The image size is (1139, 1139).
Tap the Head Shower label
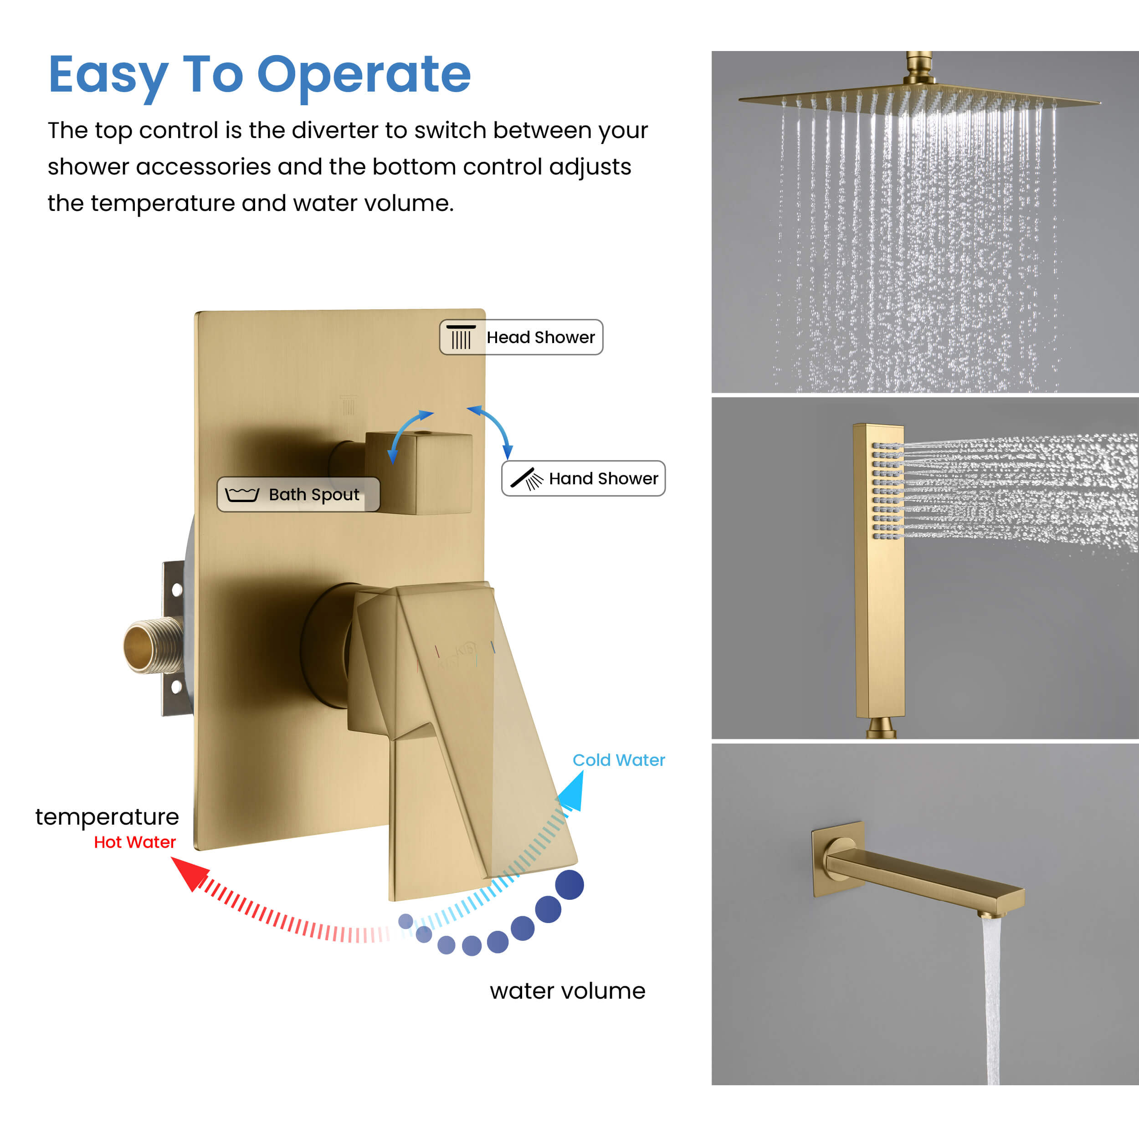point(521,337)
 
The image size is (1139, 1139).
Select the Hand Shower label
point(583,478)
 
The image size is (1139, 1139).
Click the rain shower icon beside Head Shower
point(461,337)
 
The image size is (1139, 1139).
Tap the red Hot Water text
point(135,842)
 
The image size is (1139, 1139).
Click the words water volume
point(567,991)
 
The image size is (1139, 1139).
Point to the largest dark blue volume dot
point(569,884)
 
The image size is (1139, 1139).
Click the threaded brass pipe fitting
point(153,646)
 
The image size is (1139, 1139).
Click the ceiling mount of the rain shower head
point(919,68)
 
